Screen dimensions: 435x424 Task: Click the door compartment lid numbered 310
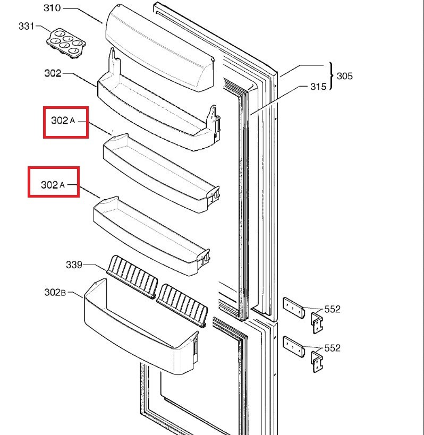pyautogui.click(x=159, y=50)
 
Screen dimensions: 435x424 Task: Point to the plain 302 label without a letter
pyautogui.click(x=53, y=73)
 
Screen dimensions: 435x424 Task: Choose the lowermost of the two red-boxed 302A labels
pyautogui.click(x=54, y=185)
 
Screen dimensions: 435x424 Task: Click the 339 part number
pyautogui.click(x=74, y=264)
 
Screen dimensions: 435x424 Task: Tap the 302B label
pyautogui.click(x=56, y=292)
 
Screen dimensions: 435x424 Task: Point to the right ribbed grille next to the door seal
pyautogui.click(x=182, y=304)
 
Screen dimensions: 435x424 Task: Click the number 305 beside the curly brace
pyautogui.click(x=344, y=76)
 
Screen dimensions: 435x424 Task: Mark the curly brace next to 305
pyautogui.click(x=332, y=76)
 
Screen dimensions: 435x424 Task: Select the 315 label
pyautogui.click(x=319, y=87)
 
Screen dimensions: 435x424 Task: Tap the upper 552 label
pyautogui.click(x=332, y=309)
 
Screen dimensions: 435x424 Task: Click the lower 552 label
pyautogui.click(x=332, y=348)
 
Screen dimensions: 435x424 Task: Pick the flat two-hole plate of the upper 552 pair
pyautogui.click(x=293, y=308)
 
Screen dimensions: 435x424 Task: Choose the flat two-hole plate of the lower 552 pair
pyautogui.click(x=293, y=346)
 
